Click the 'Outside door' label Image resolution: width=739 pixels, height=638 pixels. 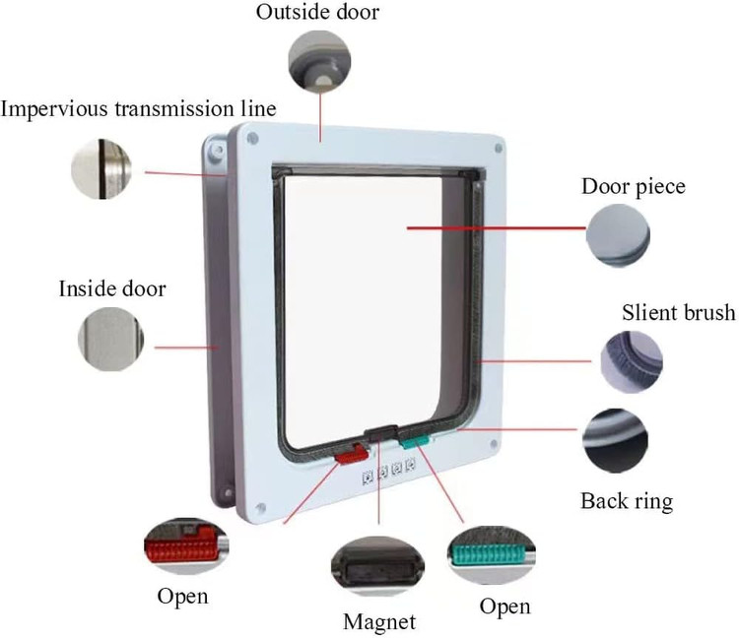tap(317, 13)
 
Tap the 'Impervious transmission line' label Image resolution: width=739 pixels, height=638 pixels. tap(138, 107)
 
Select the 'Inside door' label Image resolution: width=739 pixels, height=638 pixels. tap(112, 289)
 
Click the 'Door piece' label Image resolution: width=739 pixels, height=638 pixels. tap(633, 186)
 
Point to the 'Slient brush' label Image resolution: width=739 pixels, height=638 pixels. tap(678, 313)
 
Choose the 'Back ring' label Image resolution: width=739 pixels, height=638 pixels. tap(626, 501)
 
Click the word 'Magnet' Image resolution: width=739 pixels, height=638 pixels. tap(379, 621)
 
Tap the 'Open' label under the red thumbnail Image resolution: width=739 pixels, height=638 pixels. tap(182, 597)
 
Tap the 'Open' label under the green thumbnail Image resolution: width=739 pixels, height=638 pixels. tap(504, 606)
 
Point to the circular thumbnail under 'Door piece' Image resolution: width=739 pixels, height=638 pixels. tap(619, 236)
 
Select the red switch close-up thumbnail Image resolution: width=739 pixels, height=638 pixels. tap(186, 544)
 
